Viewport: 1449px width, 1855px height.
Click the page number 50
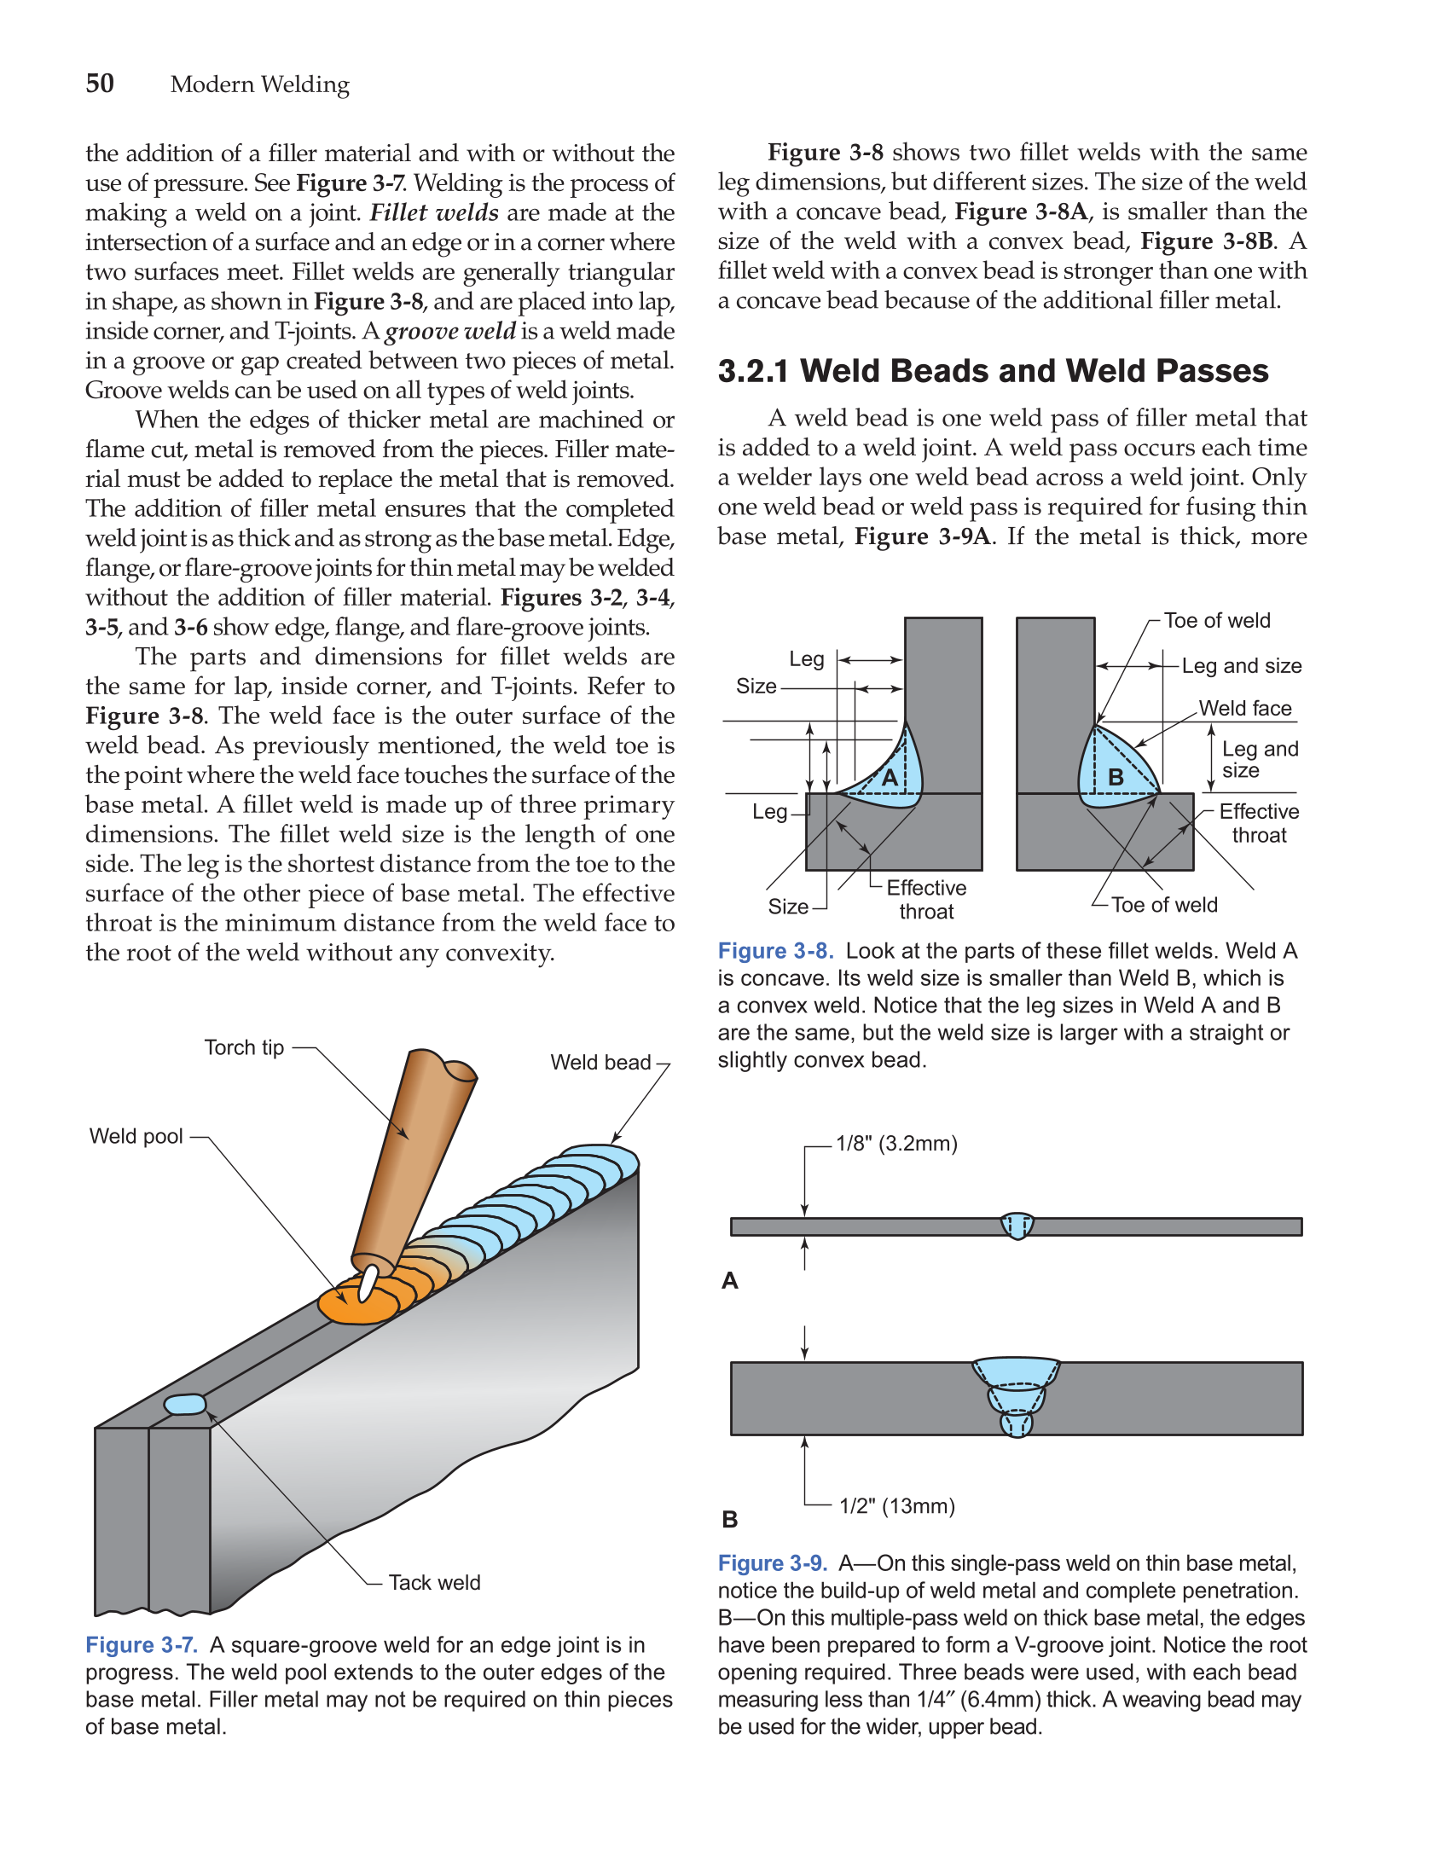tap(100, 84)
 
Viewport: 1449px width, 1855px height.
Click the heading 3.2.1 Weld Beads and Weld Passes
tap(993, 371)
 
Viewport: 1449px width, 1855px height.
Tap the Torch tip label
tap(244, 1047)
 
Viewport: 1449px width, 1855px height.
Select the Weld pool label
tap(136, 1136)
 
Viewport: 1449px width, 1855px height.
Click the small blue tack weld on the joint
tap(185, 1404)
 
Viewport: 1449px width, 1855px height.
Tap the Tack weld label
tap(434, 1582)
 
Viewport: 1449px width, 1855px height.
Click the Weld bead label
tap(600, 1062)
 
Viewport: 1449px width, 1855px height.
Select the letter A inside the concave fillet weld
tap(890, 777)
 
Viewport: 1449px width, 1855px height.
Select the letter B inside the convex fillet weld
tap(1116, 777)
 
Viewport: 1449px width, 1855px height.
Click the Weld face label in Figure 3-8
tap(1244, 708)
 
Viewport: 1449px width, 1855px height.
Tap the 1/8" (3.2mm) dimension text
tap(896, 1143)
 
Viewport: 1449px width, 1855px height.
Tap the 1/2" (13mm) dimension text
tap(896, 1505)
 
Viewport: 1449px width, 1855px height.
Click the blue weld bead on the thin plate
tap(1017, 1226)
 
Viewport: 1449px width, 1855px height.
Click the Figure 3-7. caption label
tap(142, 1645)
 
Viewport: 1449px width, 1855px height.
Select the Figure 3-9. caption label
tap(773, 1563)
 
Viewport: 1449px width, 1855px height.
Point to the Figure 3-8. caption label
tap(775, 951)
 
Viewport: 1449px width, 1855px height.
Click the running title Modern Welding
tap(260, 84)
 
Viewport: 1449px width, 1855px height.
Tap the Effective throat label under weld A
tap(926, 899)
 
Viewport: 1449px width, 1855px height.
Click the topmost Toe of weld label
tap(1217, 621)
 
